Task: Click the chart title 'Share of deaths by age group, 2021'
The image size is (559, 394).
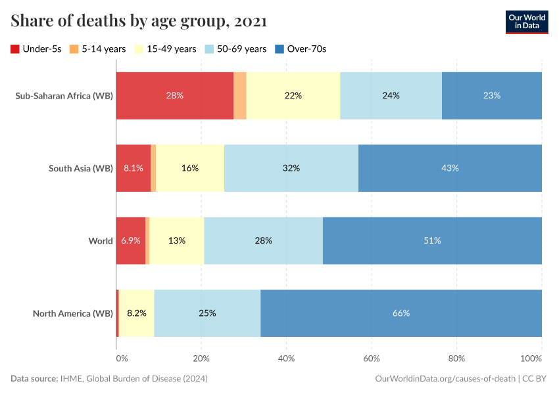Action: tap(139, 22)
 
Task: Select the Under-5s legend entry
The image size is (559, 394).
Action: tap(36, 49)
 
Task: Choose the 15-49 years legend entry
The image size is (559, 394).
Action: tap(165, 49)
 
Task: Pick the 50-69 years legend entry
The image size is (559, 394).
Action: tap(236, 49)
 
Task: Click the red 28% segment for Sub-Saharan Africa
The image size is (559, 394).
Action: tap(175, 95)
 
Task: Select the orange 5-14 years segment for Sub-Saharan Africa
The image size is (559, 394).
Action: tap(240, 95)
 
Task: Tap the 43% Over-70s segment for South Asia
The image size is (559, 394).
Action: tap(450, 168)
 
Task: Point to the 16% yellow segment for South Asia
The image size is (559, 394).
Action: tap(190, 168)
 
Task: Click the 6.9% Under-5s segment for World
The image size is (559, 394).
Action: tap(131, 240)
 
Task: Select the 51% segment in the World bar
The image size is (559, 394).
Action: tap(432, 240)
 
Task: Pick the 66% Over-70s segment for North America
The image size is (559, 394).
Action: tap(401, 313)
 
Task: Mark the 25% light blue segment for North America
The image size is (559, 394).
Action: tap(207, 313)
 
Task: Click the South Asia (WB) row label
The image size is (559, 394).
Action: tap(80, 168)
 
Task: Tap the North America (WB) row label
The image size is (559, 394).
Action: tap(72, 313)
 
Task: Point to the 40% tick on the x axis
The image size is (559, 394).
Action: tap(286, 359)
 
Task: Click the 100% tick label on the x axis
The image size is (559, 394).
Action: tap(531, 359)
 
